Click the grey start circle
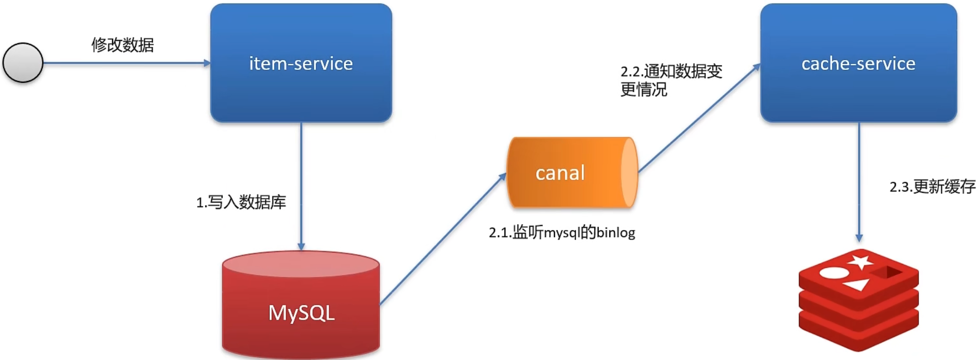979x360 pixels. point(23,63)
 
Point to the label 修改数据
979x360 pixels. point(123,45)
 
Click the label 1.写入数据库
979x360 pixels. point(241,202)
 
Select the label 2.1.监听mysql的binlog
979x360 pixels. point(562,233)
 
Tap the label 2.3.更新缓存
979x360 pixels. point(932,187)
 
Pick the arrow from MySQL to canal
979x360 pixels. point(443,239)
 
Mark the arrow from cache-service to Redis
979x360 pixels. point(859,182)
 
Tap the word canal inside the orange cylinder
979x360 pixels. point(560,173)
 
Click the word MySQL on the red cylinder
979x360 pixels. point(301,313)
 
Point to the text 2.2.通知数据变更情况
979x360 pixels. point(671,80)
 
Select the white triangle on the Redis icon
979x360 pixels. point(856,285)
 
